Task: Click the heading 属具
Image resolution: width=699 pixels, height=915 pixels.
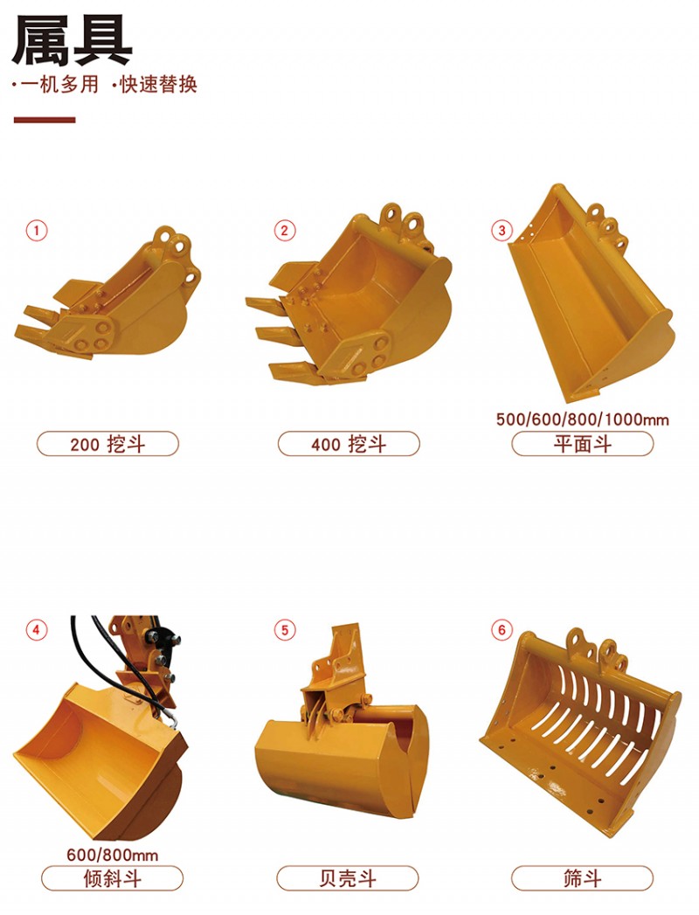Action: pyautogui.click(x=72, y=40)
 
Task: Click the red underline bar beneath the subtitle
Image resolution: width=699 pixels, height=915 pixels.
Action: pyautogui.click(x=45, y=121)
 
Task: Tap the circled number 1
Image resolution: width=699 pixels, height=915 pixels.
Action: pyautogui.click(x=36, y=231)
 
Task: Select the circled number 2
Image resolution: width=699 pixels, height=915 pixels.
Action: pyautogui.click(x=284, y=231)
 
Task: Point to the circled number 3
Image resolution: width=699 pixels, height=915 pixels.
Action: pyautogui.click(x=502, y=231)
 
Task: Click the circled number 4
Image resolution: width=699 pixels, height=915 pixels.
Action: pyautogui.click(x=36, y=630)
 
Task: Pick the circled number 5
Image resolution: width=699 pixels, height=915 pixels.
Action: pyautogui.click(x=284, y=630)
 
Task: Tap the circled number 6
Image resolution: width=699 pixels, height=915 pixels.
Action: pyautogui.click(x=502, y=630)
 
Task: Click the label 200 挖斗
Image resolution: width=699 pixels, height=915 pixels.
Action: pyautogui.click(x=107, y=444)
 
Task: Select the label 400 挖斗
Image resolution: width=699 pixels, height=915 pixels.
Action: pyautogui.click(x=349, y=444)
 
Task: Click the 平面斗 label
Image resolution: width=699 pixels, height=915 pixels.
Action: pyautogui.click(x=582, y=444)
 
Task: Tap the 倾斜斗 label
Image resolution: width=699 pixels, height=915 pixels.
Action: pyautogui.click(x=112, y=878)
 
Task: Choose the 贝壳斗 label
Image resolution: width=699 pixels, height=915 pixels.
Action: pyautogui.click(x=347, y=878)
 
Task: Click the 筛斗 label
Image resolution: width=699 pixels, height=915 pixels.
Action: pyautogui.click(x=582, y=878)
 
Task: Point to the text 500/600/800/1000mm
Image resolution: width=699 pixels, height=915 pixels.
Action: pyautogui.click(x=582, y=419)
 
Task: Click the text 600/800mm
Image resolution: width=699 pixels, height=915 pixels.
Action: pyautogui.click(x=112, y=855)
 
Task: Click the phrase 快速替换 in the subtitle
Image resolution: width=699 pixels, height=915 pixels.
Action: pyautogui.click(x=158, y=85)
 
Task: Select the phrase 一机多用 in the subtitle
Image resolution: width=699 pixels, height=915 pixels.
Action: pyautogui.click(x=59, y=85)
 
